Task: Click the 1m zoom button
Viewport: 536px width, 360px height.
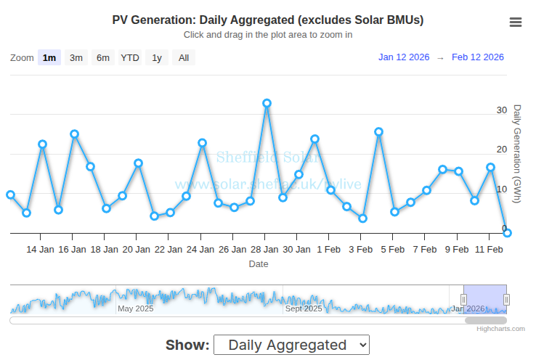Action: [49, 58]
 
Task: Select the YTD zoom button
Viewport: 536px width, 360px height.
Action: [130, 58]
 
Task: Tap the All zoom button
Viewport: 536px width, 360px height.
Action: [184, 58]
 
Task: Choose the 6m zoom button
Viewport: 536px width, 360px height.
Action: [103, 58]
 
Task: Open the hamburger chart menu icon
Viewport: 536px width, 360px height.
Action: [516, 22]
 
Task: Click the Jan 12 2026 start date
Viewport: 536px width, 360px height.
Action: [404, 57]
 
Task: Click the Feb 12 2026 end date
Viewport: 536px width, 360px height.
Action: [478, 57]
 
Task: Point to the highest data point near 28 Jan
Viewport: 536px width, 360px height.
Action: [267, 103]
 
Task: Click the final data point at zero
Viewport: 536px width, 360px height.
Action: [508, 233]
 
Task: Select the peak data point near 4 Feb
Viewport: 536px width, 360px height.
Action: [379, 132]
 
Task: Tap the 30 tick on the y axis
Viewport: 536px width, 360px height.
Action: [502, 110]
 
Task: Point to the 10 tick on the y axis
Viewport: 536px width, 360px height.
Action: [502, 189]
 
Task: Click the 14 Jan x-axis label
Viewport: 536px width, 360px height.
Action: [41, 250]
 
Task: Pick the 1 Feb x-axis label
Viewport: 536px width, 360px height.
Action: [328, 250]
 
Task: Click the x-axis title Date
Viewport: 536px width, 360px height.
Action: [259, 264]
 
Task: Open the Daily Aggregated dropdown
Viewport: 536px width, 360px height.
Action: [291, 345]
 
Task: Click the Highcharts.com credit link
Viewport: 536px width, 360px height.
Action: [500, 329]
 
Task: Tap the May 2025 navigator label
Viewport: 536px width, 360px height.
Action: [136, 308]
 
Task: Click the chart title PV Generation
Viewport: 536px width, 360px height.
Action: [268, 20]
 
